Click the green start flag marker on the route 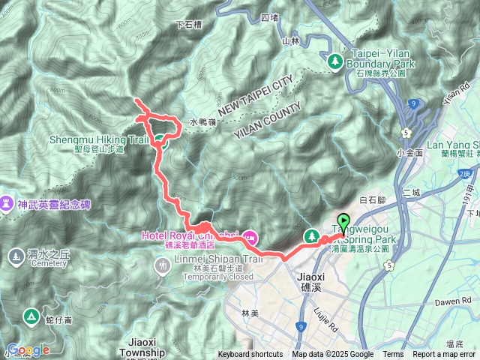click(343, 221)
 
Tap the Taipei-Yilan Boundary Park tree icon click(335, 60)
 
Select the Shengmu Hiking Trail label click(98, 139)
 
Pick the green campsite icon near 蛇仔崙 click(31, 316)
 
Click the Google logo click(28, 349)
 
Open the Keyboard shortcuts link click(250, 355)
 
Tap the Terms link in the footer click(393, 355)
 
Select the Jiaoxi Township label click(141, 352)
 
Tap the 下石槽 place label click(188, 24)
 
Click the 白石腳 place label click(372, 200)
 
